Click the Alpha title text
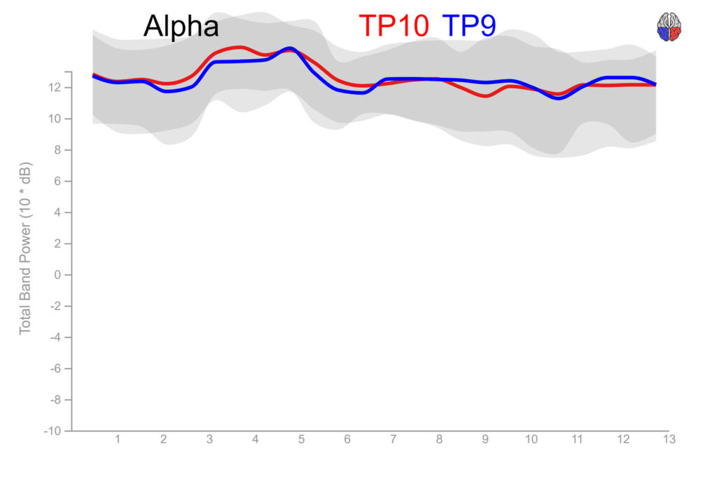coord(181,27)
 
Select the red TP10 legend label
coord(394,26)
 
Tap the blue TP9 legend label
coord(469,26)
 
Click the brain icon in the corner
coord(669,27)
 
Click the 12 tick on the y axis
coord(56,88)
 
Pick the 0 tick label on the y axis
coord(59,275)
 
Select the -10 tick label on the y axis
coord(53,431)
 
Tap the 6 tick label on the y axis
coord(59,181)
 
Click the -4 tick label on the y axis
coord(56,337)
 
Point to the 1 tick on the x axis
coord(118,440)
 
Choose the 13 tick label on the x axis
coord(669,440)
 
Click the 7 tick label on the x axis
coord(393,440)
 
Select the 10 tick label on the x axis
coord(531,440)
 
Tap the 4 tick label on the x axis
coord(255,440)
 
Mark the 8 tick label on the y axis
coord(59,150)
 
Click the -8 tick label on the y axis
coord(56,400)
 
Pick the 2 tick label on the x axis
coord(163,440)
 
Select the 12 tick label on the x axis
coord(622,440)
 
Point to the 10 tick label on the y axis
coord(56,119)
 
